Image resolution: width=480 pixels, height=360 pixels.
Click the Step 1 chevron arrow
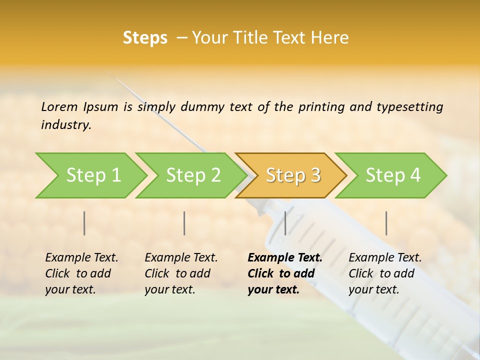(x=93, y=175)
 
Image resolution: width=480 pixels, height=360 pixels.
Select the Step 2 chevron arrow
(x=193, y=175)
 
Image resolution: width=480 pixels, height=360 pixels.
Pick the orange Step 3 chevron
(x=293, y=175)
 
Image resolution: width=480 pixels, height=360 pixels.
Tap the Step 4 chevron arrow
(x=393, y=175)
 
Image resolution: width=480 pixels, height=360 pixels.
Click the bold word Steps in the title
(x=145, y=38)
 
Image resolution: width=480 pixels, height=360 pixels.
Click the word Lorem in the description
(x=59, y=106)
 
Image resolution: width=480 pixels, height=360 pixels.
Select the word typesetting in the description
(x=409, y=107)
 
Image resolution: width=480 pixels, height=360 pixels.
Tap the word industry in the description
(x=65, y=124)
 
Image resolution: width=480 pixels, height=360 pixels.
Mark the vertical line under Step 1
(x=84, y=223)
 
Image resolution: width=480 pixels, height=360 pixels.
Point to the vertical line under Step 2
(x=184, y=223)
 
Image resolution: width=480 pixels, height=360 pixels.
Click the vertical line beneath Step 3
(x=285, y=223)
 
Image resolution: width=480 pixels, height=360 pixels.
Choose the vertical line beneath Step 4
(x=386, y=223)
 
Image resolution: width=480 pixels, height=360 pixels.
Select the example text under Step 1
(x=81, y=273)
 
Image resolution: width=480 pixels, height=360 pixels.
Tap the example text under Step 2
(x=181, y=273)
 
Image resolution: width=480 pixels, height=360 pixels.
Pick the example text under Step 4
(x=385, y=273)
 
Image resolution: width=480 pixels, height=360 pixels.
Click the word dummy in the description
(x=203, y=107)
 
